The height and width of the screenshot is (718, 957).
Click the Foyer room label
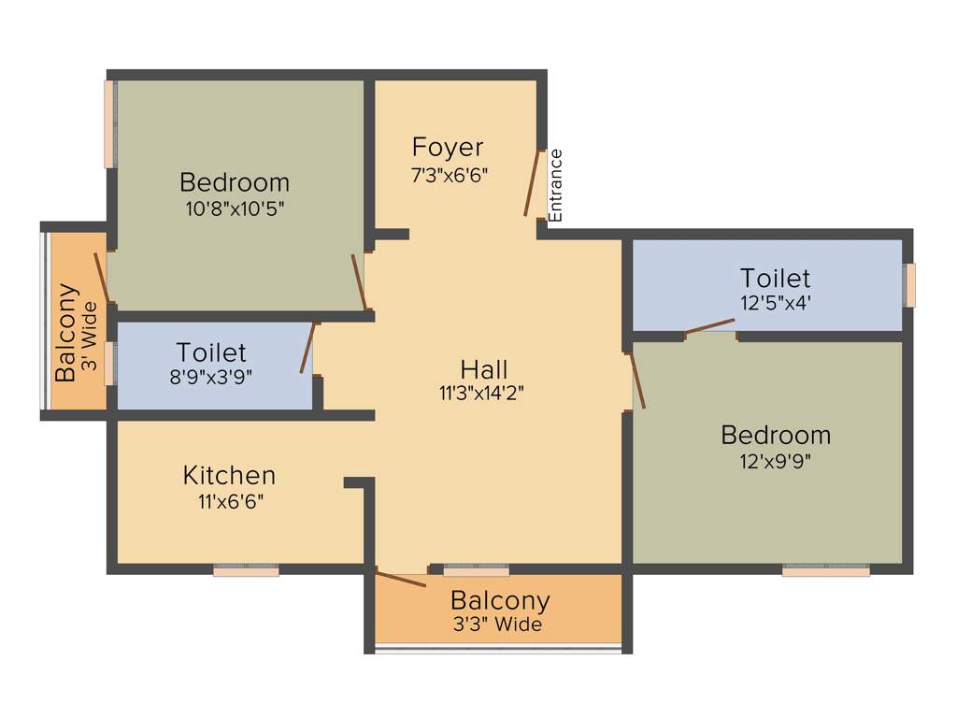pyautogui.click(x=448, y=148)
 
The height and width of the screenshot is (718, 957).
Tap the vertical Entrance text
pyautogui.click(x=556, y=185)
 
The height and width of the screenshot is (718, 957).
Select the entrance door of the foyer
pyautogui.click(x=534, y=183)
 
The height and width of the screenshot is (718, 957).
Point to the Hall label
pyautogui.click(x=484, y=368)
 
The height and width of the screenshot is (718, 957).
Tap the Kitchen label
pyautogui.click(x=229, y=475)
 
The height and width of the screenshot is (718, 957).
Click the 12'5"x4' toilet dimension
pyautogui.click(x=775, y=303)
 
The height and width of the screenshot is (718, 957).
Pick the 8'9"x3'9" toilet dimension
pyautogui.click(x=211, y=377)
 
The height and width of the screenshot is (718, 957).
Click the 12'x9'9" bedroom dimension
pyautogui.click(x=775, y=461)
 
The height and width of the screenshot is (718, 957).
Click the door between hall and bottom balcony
pyautogui.click(x=400, y=578)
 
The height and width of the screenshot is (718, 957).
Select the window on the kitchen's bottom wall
pyautogui.click(x=246, y=570)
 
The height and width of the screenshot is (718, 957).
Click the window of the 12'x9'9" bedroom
pyautogui.click(x=826, y=570)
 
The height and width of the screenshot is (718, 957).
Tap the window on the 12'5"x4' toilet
pyautogui.click(x=909, y=285)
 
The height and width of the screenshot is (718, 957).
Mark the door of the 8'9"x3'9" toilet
pyautogui.click(x=307, y=348)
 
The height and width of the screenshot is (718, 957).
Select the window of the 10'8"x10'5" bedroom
pyautogui.click(x=110, y=124)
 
